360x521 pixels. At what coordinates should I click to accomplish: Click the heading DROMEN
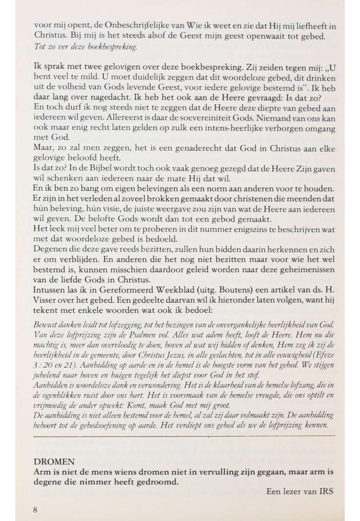54,461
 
